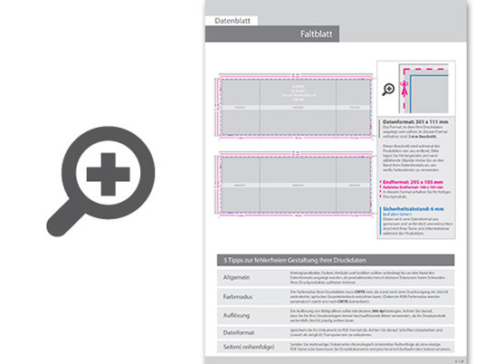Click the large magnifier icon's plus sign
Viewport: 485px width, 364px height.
click(x=108, y=172)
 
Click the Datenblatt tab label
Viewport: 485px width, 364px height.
click(x=232, y=20)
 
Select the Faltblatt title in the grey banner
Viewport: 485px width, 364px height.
click(x=319, y=34)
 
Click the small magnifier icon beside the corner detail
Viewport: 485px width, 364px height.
click(x=390, y=89)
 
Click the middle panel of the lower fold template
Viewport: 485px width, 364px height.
click(x=297, y=187)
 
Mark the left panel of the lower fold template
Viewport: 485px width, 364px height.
click(x=241, y=187)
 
